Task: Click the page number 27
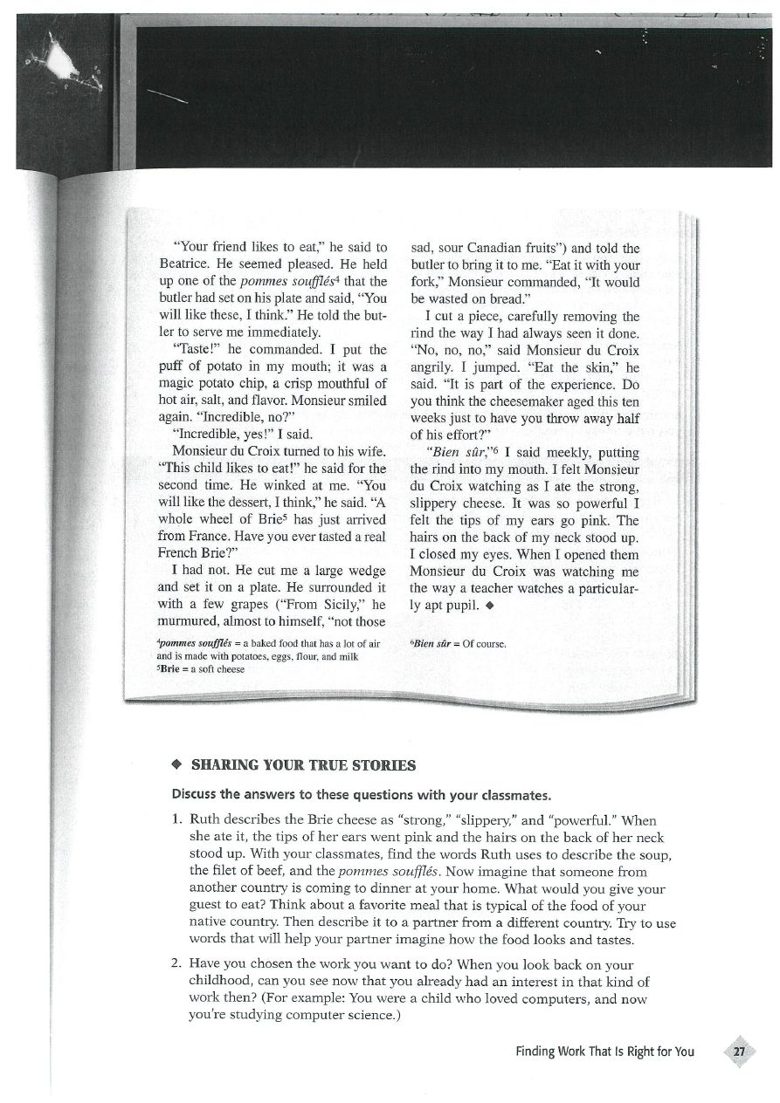tap(739, 1052)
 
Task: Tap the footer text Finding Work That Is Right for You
tap(604, 1052)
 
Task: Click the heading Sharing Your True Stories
tap(291, 765)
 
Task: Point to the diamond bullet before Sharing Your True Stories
tap(176, 765)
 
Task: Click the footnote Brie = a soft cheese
tap(201, 668)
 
